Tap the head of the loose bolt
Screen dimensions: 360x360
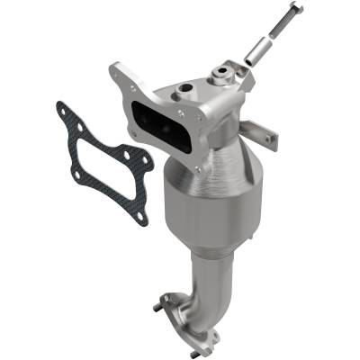pyautogui.click(x=294, y=8)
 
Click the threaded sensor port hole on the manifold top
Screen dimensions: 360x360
pyautogui.click(x=186, y=90)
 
